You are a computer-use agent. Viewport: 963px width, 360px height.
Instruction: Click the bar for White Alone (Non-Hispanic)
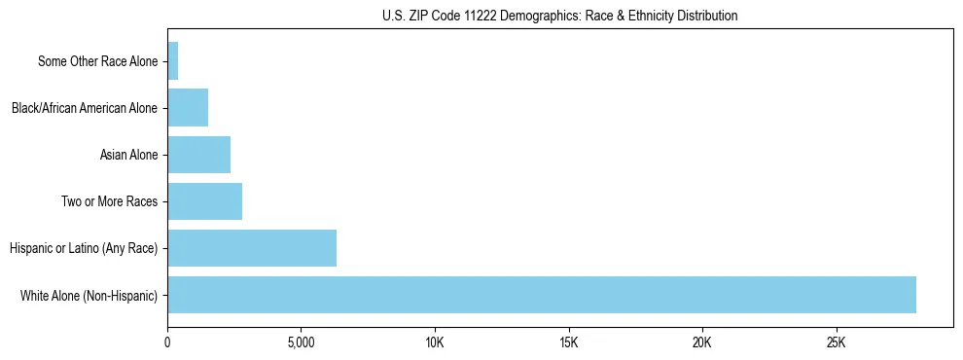pos(542,295)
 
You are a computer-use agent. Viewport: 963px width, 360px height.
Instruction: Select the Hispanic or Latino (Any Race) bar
pos(252,248)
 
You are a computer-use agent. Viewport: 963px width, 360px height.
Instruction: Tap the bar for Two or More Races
pos(204,201)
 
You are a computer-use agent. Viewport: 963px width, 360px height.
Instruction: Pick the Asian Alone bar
pos(198,155)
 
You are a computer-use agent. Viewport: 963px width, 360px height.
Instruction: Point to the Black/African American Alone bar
pos(188,108)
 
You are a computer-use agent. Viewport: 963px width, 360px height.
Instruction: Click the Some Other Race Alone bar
pos(173,61)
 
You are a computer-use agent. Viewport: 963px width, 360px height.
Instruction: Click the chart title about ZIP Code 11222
pos(560,16)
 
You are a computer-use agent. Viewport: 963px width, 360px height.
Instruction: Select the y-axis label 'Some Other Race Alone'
pos(97,61)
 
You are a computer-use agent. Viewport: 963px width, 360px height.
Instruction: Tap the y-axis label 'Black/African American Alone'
pos(85,108)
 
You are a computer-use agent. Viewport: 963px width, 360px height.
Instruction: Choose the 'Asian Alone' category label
pos(128,155)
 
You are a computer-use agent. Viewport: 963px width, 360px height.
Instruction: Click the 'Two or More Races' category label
pos(109,201)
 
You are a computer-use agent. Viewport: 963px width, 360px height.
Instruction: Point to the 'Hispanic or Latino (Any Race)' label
pos(84,248)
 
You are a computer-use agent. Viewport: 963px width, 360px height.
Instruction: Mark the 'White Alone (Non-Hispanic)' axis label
pos(89,295)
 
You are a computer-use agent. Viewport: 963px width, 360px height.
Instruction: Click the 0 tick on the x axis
pos(167,343)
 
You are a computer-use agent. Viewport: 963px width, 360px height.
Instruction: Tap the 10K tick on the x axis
pos(435,343)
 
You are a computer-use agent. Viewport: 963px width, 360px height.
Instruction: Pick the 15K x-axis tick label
pos(569,343)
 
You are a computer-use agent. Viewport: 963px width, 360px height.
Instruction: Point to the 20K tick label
pos(702,343)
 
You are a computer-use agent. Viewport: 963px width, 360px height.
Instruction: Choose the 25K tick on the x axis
pos(837,343)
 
